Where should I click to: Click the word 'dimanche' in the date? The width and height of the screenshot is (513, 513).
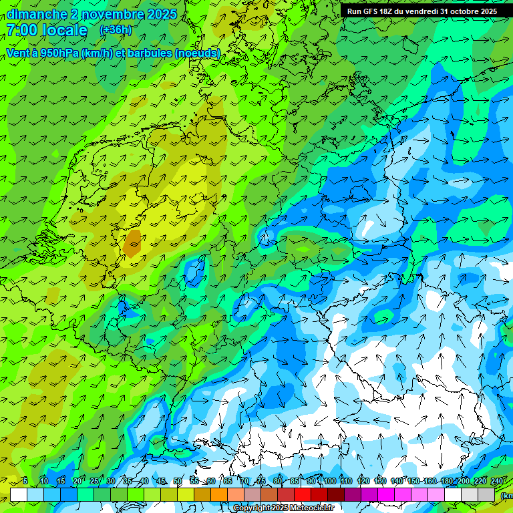pyautogui.click(x=33, y=14)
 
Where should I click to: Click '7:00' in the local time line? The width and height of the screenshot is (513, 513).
pyautogui.click(x=23, y=30)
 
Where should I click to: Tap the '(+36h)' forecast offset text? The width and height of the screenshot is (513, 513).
pyautogui.click(x=116, y=30)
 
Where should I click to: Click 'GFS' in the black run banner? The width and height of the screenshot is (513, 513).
pyautogui.click(x=373, y=11)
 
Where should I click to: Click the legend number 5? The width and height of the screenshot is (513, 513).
pyautogui.click(x=25, y=481)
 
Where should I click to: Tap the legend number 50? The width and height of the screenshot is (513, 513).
pyautogui.click(x=177, y=481)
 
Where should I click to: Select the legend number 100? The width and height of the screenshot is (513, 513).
pyautogui.click(x=329, y=481)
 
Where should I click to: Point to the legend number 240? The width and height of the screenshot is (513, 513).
pyautogui.click(x=496, y=481)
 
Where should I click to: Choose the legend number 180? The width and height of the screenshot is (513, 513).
pyautogui.click(x=446, y=481)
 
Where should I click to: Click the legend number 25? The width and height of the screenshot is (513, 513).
pyautogui.click(x=94, y=481)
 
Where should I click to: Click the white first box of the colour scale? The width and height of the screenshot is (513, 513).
pyautogui.click(x=19, y=494)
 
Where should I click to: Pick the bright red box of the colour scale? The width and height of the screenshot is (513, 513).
pyautogui.click(x=303, y=494)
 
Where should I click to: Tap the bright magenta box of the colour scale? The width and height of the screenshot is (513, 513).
pyautogui.click(x=386, y=494)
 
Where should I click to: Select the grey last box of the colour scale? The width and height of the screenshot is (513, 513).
pyautogui.click(x=486, y=494)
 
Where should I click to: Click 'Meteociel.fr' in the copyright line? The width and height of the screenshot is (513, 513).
pyautogui.click(x=308, y=508)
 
